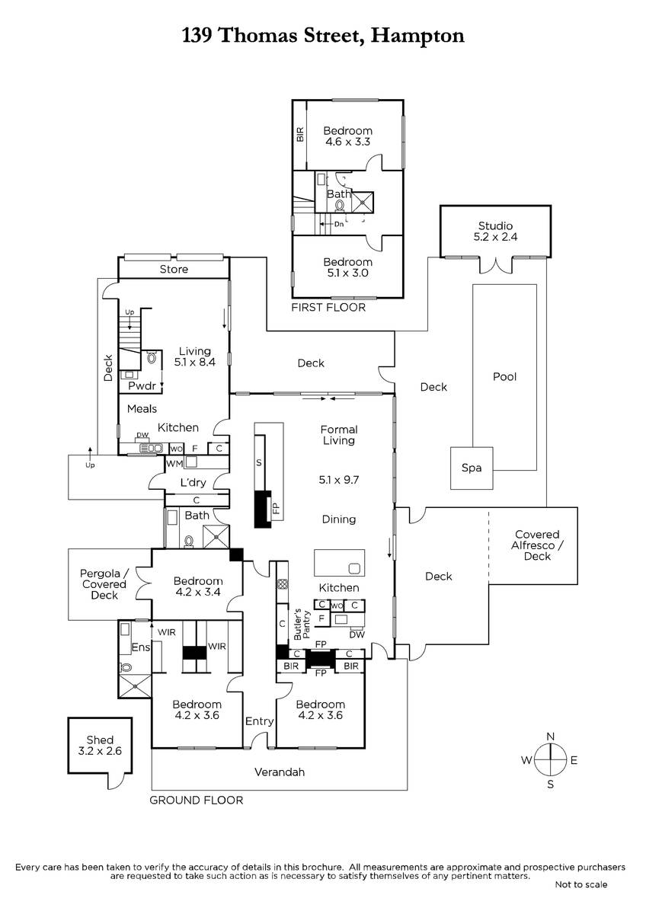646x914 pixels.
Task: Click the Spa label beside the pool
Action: point(472,468)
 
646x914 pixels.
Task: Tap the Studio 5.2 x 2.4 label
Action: point(495,231)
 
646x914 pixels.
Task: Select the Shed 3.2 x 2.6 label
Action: point(100,745)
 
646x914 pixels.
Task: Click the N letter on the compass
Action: point(550,736)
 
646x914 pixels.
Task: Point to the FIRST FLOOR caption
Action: point(329,308)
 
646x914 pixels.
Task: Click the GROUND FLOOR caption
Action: point(196,800)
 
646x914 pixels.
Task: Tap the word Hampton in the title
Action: point(417,35)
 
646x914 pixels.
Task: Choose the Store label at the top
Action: point(174,270)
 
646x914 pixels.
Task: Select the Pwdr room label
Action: point(142,386)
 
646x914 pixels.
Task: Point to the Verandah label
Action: point(279,772)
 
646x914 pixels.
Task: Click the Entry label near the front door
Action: point(259,721)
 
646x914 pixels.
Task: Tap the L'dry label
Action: point(195,483)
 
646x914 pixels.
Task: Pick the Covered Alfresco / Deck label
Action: point(536,545)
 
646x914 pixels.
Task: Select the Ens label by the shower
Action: point(141,647)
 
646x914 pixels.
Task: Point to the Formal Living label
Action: point(339,435)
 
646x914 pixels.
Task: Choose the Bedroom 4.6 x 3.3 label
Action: point(347,136)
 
